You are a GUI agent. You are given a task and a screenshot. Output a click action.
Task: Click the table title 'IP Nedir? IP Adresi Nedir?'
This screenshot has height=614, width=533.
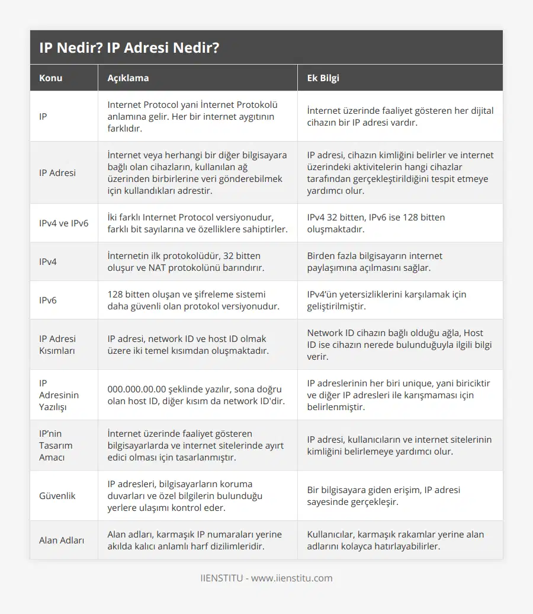129,48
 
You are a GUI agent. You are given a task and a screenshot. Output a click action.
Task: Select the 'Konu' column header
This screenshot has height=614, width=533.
51,78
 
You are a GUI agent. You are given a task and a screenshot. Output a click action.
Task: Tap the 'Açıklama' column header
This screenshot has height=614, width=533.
128,78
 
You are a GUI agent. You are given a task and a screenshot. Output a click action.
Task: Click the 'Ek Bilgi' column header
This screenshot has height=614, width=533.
323,78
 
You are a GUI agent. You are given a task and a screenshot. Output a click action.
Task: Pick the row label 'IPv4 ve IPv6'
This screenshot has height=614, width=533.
63,223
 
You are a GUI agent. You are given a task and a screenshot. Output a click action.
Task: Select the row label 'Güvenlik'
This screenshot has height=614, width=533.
57,495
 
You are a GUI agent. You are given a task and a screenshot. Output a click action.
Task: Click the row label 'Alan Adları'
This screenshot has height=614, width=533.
62,540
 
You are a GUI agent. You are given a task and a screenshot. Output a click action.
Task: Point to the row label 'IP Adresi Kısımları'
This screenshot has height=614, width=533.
57,345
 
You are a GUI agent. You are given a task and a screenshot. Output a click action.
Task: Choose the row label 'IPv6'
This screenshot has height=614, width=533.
48,300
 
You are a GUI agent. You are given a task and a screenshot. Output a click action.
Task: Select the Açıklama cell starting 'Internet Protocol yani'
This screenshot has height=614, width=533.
192,116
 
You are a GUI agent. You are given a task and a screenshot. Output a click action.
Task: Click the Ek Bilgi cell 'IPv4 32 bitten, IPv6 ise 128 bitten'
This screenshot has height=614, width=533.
376,223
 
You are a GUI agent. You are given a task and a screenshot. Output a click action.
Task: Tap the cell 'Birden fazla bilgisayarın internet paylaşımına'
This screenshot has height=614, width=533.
374,261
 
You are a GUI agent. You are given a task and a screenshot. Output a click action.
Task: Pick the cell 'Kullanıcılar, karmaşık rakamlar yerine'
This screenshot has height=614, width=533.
395,540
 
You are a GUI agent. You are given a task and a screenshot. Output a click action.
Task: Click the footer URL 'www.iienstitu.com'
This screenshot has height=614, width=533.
292,578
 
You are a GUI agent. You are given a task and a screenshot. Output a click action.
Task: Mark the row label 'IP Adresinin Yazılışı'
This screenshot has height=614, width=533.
59,395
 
